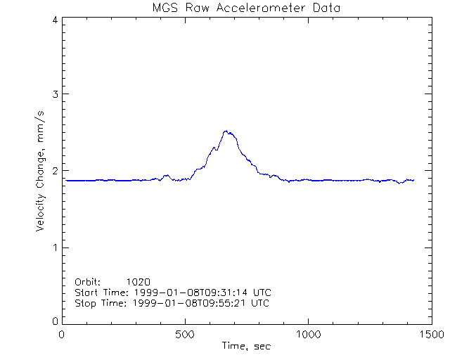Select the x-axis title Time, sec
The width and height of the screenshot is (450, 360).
(246, 346)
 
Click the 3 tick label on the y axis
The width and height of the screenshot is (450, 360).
(54, 94)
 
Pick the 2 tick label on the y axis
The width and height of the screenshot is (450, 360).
(54, 171)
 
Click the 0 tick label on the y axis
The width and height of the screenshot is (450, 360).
(54, 321)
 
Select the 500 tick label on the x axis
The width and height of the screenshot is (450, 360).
(186, 335)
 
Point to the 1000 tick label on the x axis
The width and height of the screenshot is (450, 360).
(309, 335)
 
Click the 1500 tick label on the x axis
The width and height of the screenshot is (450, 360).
(431, 335)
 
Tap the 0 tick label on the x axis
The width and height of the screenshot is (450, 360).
(63, 335)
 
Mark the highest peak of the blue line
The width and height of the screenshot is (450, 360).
(226, 131)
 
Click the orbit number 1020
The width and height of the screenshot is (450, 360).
(139, 281)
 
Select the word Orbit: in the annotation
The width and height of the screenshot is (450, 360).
(88, 281)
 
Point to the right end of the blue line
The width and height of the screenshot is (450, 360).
(413, 180)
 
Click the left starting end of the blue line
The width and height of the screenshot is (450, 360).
(66, 181)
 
